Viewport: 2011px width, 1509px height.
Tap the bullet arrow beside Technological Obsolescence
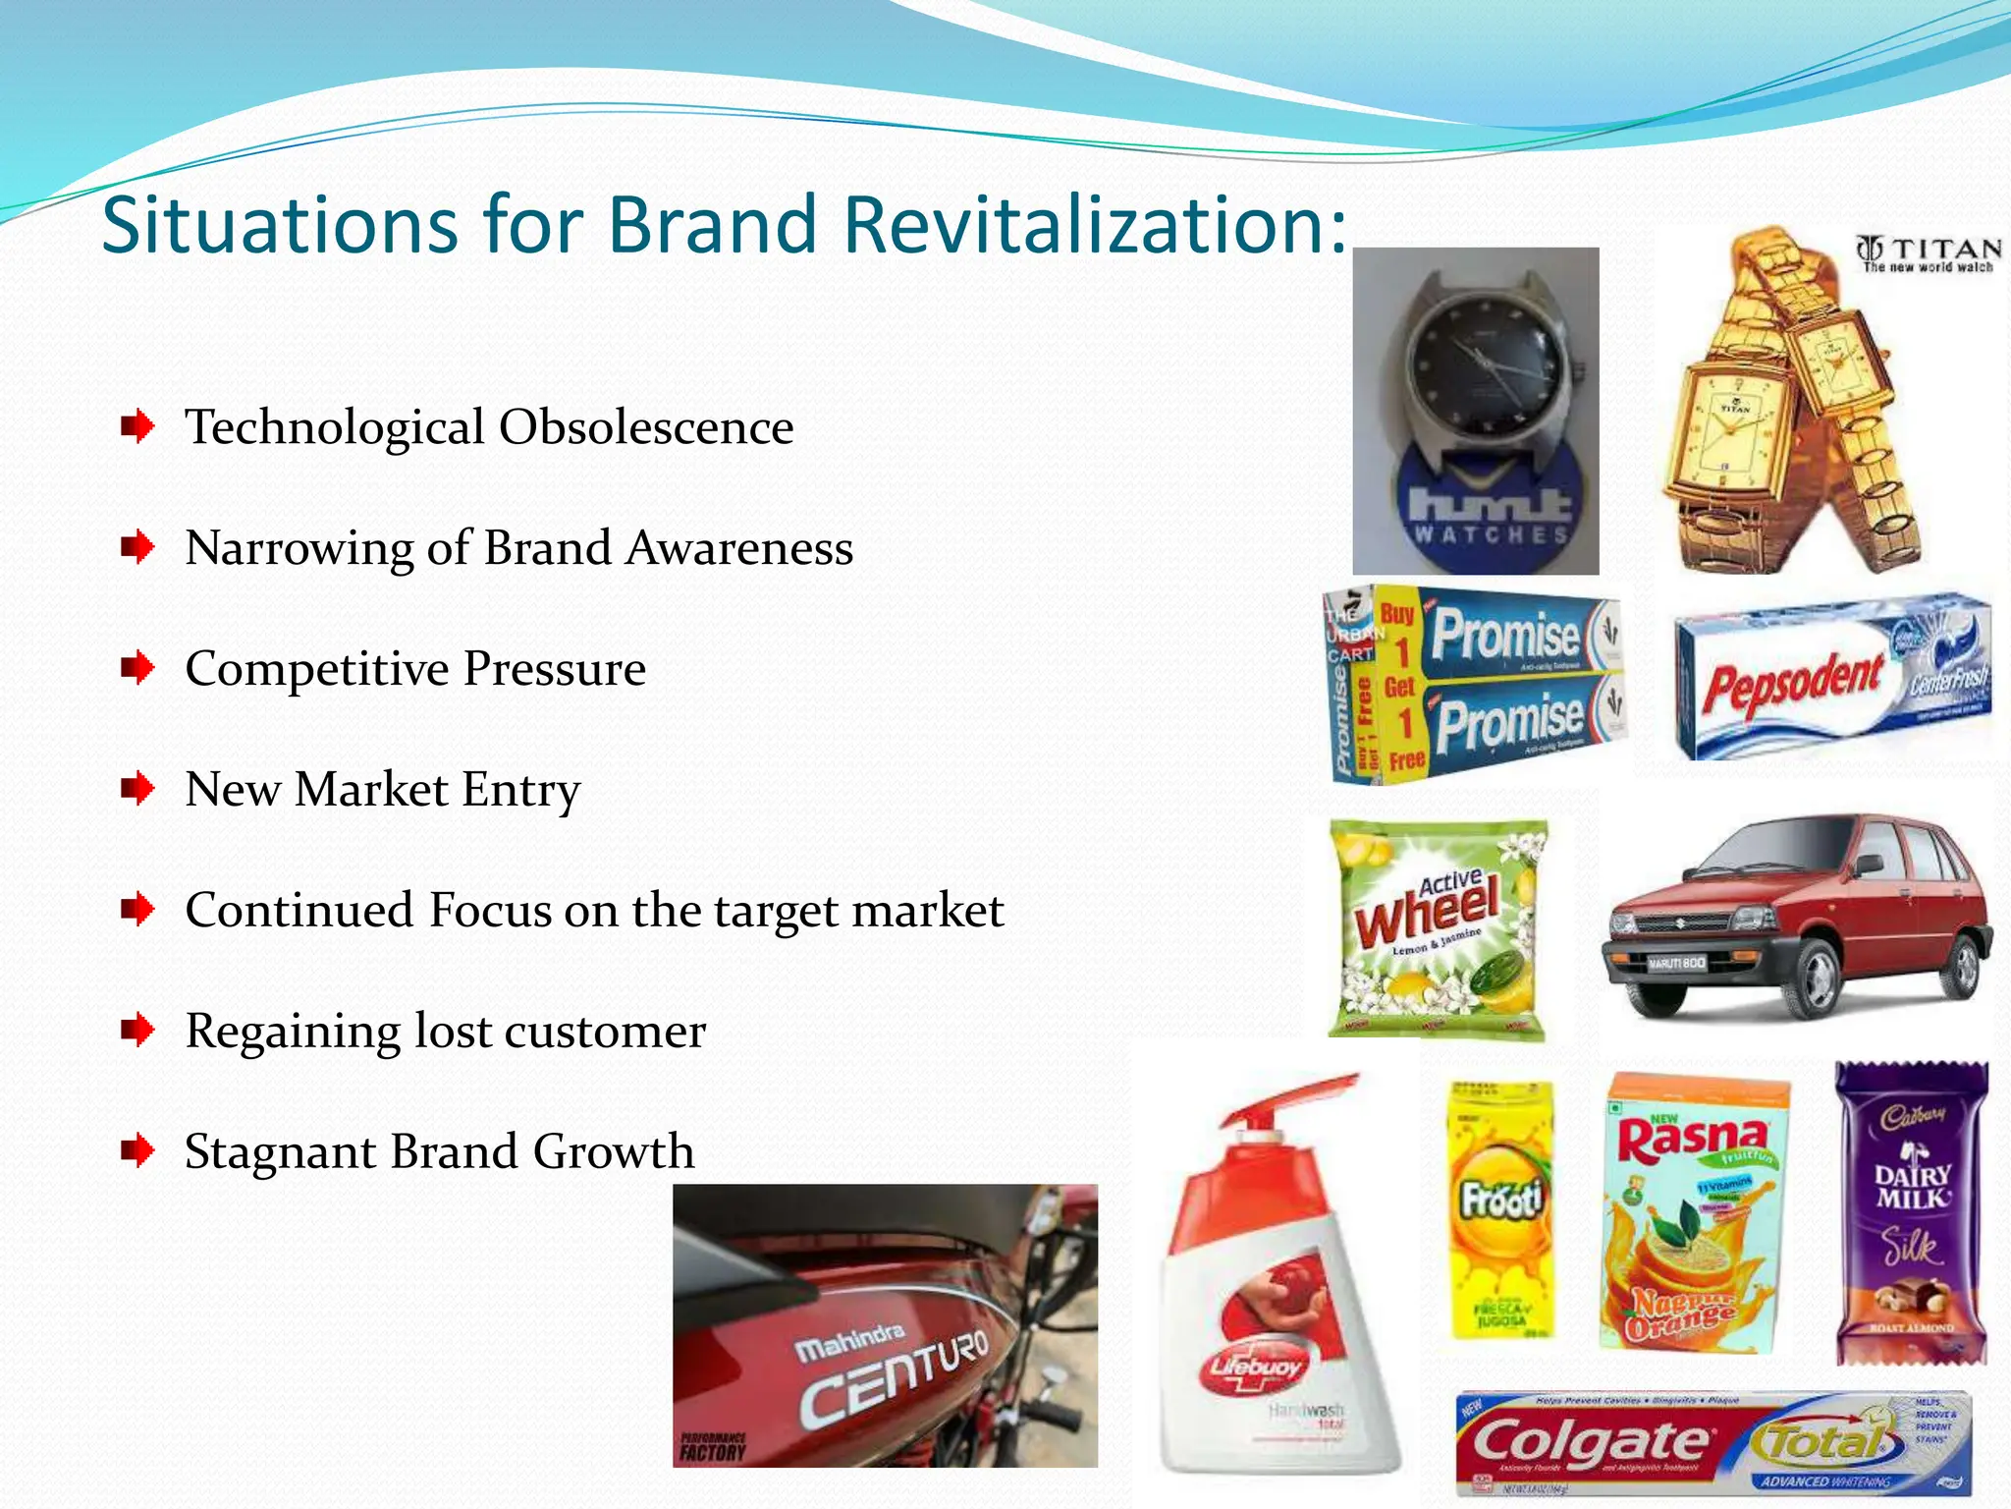137,426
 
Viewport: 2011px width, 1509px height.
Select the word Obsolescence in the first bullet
646,428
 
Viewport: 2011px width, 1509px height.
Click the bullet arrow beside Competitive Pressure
137,668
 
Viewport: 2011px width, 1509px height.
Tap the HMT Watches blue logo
1489,511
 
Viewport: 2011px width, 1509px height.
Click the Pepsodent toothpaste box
1832,678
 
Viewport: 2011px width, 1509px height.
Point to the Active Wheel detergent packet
1436,929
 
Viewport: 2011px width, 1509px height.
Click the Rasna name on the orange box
1691,1140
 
